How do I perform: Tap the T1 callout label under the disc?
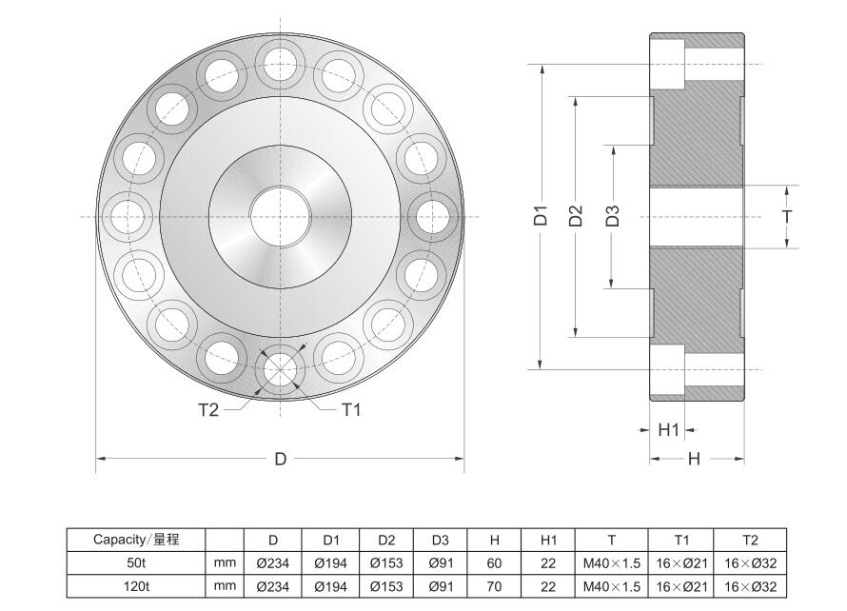pyautogui.click(x=350, y=410)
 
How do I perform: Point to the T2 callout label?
pyautogui.click(x=208, y=410)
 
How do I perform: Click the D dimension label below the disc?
pyautogui.click(x=281, y=459)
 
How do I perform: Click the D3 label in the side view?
pyautogui.click(x=613, y=215)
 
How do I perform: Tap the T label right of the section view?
pyautogui.click(x=787, y=216)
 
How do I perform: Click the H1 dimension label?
pyautogui.click(x=669, y=430)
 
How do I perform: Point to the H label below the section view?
pyautogui.click(x=695, y=459)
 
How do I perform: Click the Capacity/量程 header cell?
pyautogui.click(x=135, y=540)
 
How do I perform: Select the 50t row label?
pyautogui.click(x=135, y=563)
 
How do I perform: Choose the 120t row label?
pyautogui.click(x=135, y=587)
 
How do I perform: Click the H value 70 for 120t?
pyautogui.click(x=494, y=587)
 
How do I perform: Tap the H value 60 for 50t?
pyautogui.click(x=494, y=563)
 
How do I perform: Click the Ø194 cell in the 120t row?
pyautogui.click(x=331, y=587)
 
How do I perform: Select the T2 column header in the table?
pyautogui.click(x=751, y=540)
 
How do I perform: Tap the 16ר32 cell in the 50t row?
pyautogui.click(x=751, y=563)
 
